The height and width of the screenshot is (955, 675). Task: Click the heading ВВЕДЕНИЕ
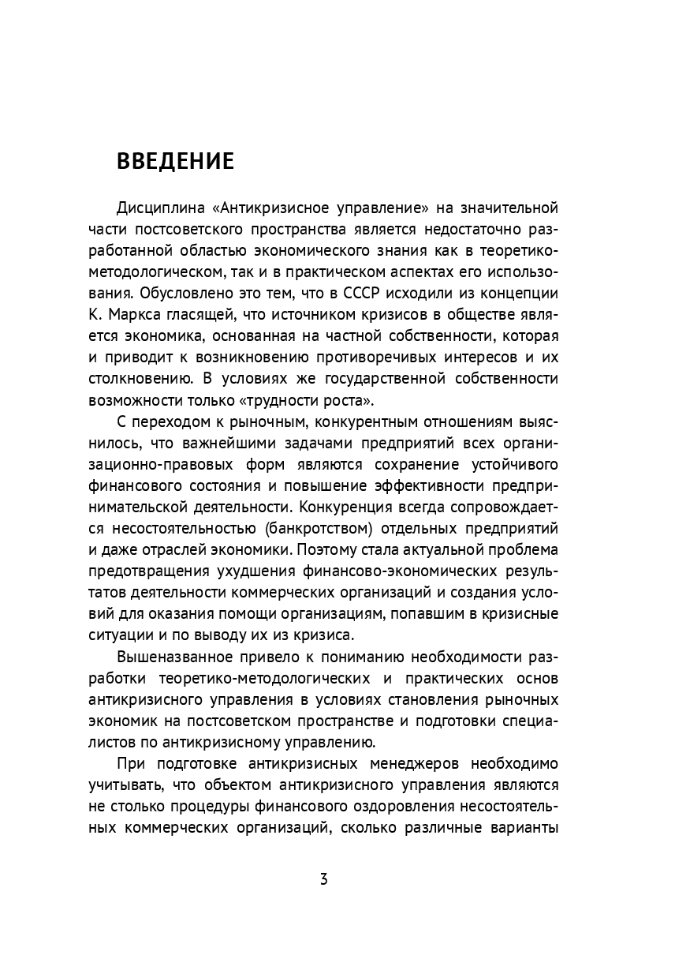[175, 161]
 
